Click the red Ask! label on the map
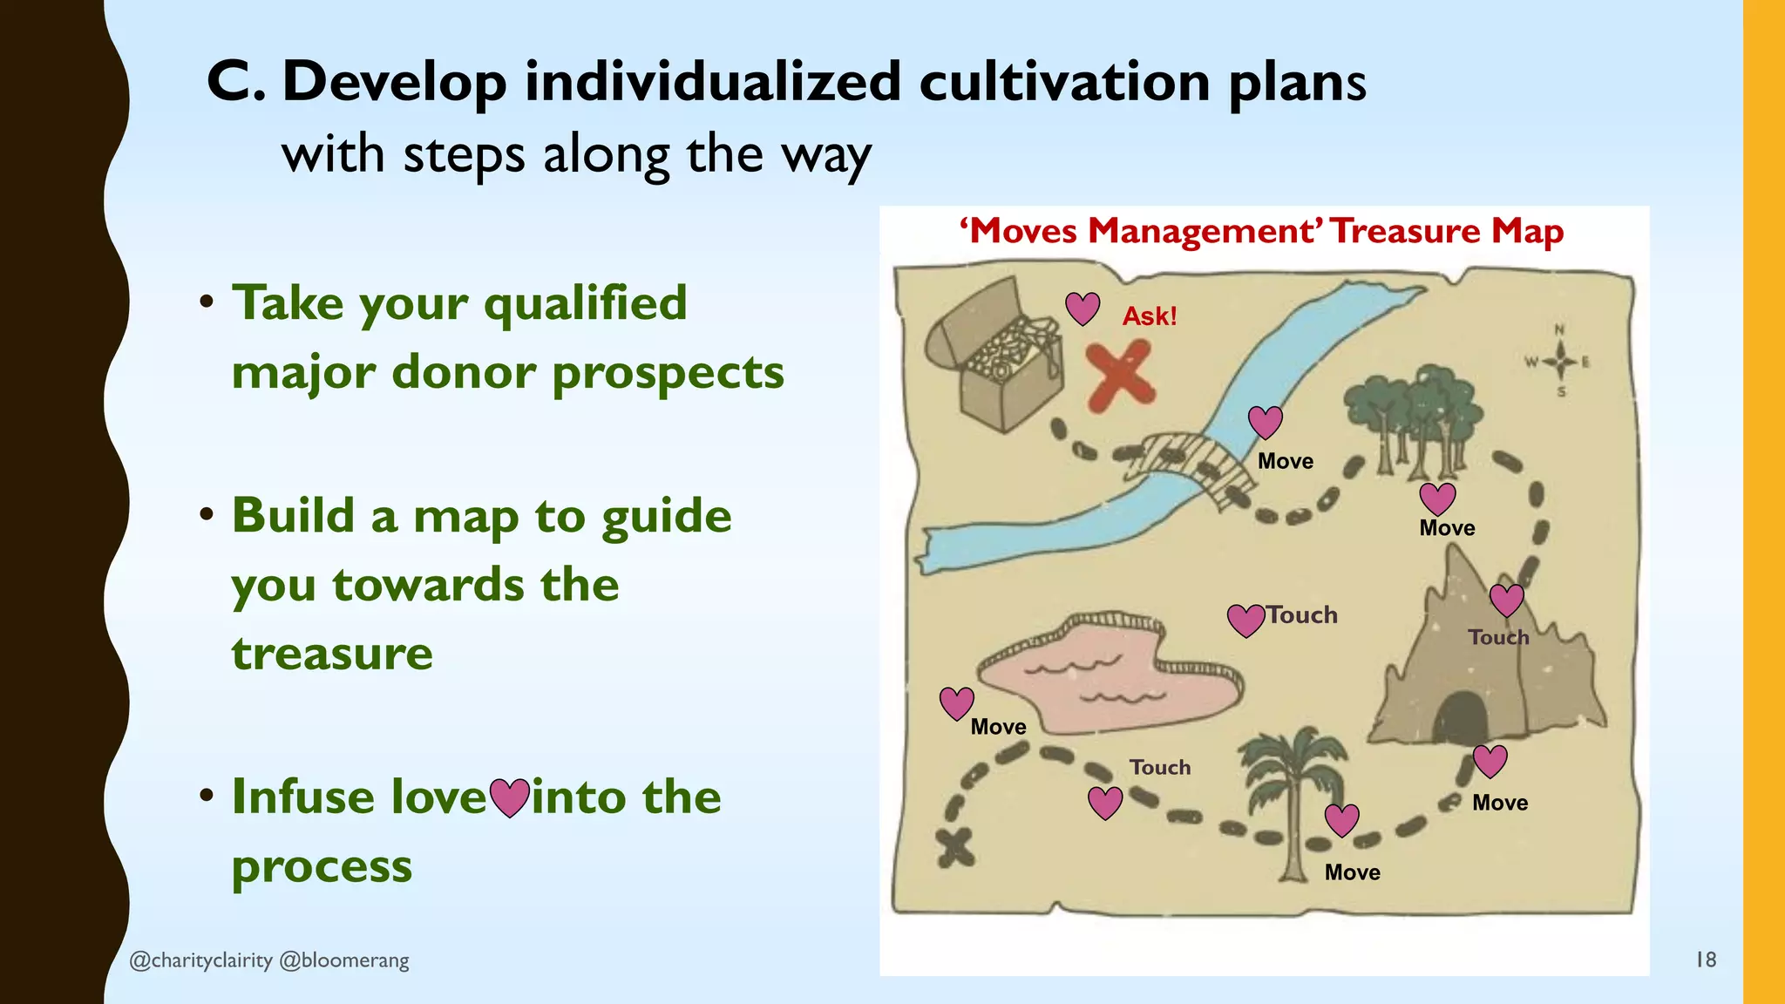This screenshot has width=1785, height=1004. point(1150,316)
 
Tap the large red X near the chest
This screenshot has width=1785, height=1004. point(1121,376)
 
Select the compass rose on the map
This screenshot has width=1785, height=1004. point(1560,361)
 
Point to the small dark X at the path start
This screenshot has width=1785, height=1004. point(956,847)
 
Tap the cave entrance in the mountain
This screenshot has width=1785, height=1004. point(1459,718)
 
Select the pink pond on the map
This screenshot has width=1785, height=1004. point(1107,675)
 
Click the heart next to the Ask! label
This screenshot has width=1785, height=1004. point(1083,308)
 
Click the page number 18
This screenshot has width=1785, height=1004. point(1706,960)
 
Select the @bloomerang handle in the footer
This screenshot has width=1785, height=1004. point(344,960)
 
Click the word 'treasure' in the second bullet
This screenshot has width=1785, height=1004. point(332,654)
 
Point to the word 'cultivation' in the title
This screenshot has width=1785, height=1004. point(1064,82)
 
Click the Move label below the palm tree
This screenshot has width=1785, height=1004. point(1352,872)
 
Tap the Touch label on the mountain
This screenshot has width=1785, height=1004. point(1498,637)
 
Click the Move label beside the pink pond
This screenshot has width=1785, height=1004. point(998,727)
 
